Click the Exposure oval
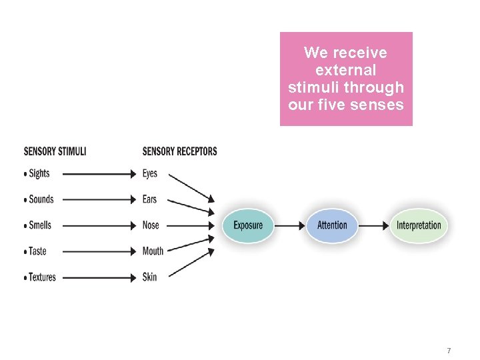(248, 225)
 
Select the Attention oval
(332, 225)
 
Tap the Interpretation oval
(419, 225)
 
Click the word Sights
(39, 173)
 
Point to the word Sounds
(41, 199)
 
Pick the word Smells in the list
(40, 225)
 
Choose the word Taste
(39, 251)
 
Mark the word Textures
(43, 277)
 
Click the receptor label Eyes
(150, 173)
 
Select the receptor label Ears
(150, 199)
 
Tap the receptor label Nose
(151, 225)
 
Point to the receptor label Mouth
(153, 251)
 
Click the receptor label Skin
(149, 277)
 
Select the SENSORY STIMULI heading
(55, 151)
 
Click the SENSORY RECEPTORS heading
(179, 151)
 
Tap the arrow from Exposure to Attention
(289, 225)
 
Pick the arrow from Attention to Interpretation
(373, 225)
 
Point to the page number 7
(449, 351)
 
